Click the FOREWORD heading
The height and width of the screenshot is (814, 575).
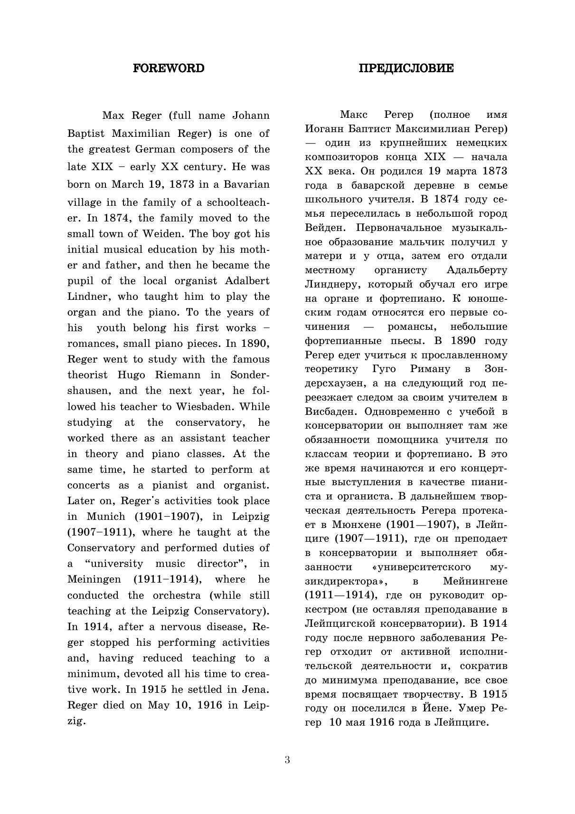(x=169, y=68)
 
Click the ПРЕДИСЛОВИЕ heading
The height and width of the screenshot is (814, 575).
(x=406, y=68)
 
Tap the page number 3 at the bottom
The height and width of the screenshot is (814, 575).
(x=287, y=759)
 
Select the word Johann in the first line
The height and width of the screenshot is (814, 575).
(x=251, y=115)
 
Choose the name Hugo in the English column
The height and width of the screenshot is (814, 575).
(x=131, y=375)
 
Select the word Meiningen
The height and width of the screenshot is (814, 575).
(x=90, y=580)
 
